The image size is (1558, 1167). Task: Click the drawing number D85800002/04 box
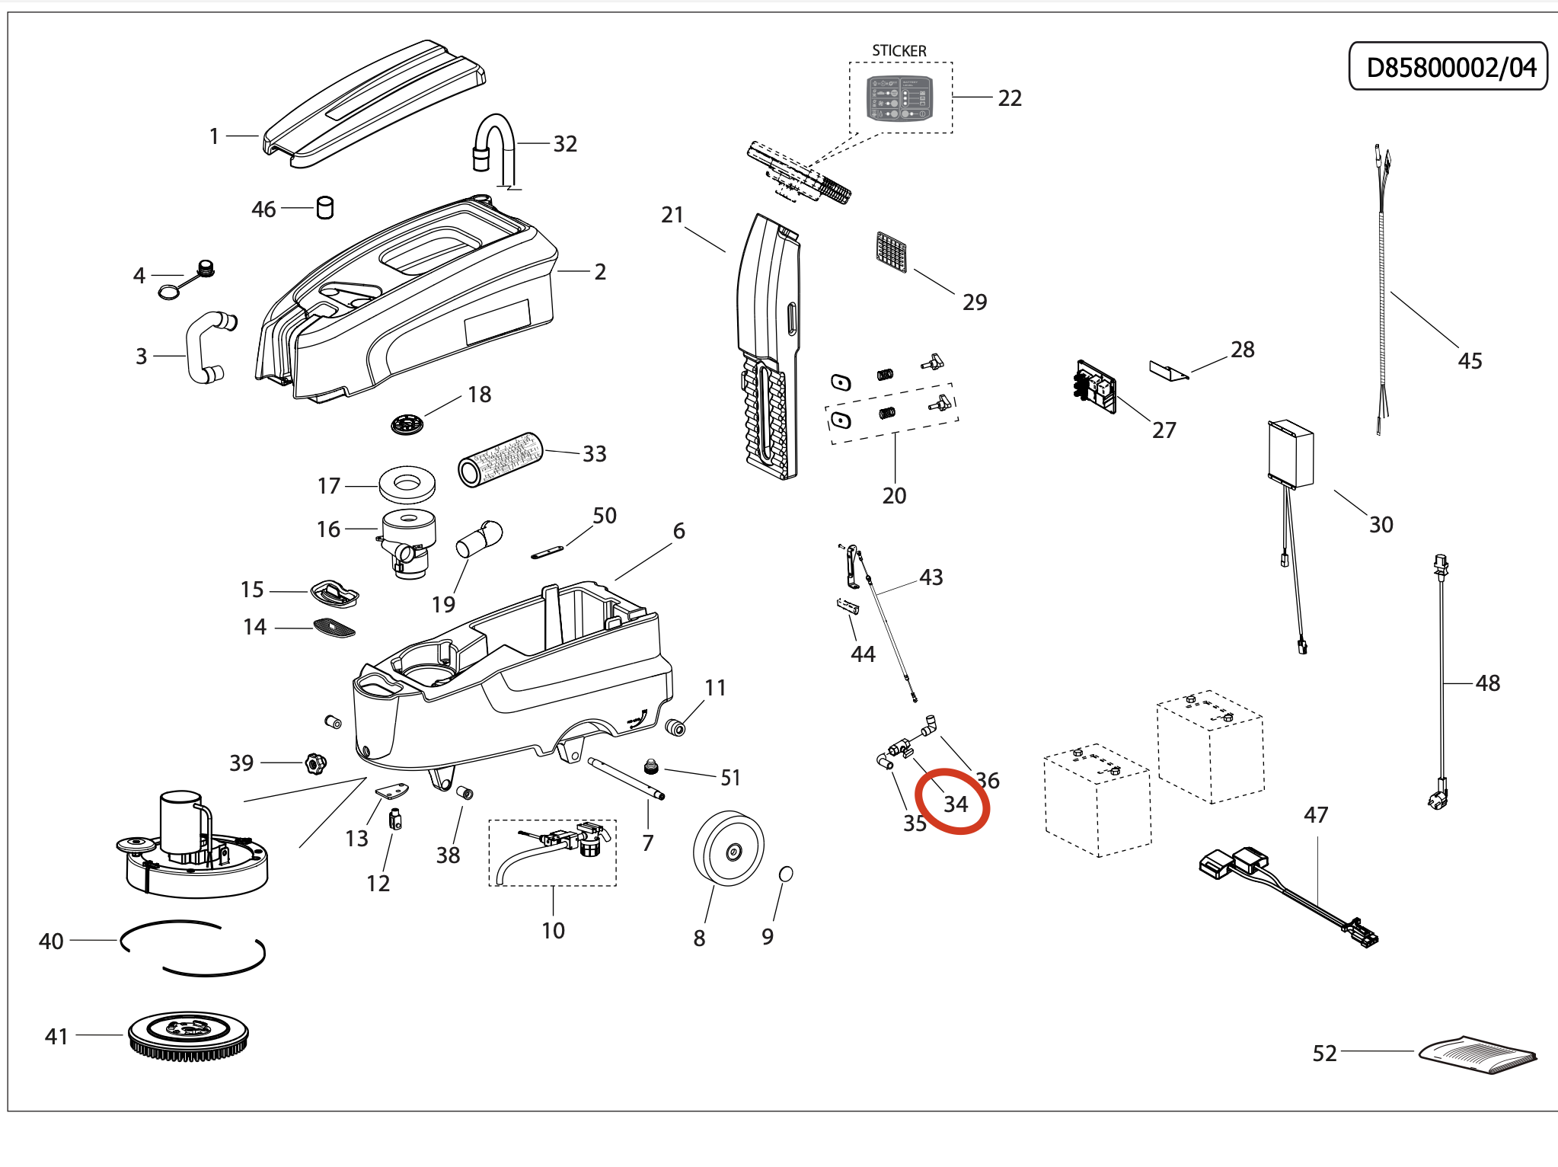[x=1448, y=67]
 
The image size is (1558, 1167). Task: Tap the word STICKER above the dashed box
[x=899, y=51]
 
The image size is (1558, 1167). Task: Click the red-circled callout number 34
[x=955, y=804]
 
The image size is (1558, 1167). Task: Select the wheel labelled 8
[x=728, y=849]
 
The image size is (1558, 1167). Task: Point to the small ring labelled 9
[x=787, y=874]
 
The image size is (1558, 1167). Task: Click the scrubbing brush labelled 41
[x=189, y=1035]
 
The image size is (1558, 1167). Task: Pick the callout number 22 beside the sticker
[x=1010, y=98]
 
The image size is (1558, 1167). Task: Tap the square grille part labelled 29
[x=891, y=252]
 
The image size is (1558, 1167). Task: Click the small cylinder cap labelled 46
[x=325, y=207]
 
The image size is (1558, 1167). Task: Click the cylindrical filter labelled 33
[x=500, y=459]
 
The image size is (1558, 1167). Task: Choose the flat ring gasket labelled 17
[x=407, y=484]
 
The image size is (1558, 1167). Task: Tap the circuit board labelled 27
[x=1096, y=387]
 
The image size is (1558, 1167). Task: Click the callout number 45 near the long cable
[x=1470, y=361]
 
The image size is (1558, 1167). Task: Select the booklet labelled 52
[x=1478, y=1053]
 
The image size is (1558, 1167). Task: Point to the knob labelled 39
[x=314, y=763]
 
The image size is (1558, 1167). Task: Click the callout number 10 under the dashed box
[x=553, y=931]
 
